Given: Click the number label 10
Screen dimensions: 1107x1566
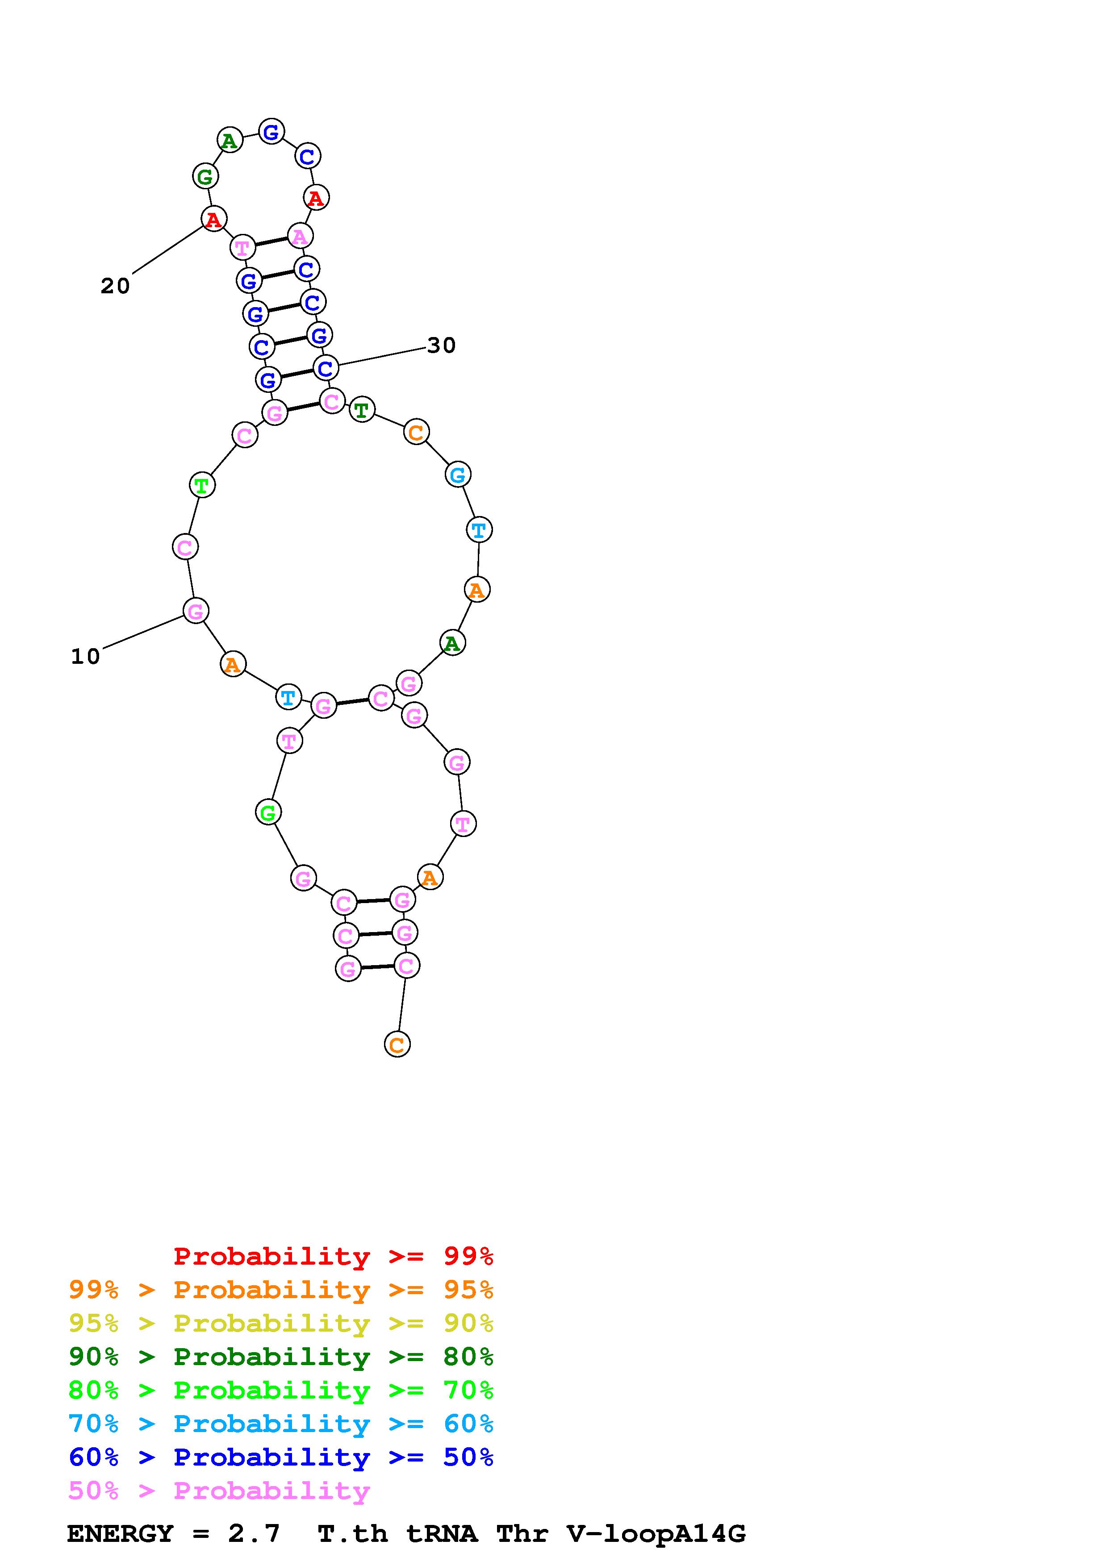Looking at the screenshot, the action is pos(85,657).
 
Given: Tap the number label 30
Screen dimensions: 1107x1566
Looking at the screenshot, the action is pos(441,346).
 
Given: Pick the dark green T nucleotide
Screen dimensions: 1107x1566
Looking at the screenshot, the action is pos(362,410).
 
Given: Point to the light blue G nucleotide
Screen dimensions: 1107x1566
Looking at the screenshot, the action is pos(458,474).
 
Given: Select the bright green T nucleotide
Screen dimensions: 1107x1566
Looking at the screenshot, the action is pos(202,486).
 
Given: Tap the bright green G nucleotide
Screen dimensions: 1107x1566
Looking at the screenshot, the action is pos(268,812).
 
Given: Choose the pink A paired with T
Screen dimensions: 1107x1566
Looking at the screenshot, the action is pos(300,236).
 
